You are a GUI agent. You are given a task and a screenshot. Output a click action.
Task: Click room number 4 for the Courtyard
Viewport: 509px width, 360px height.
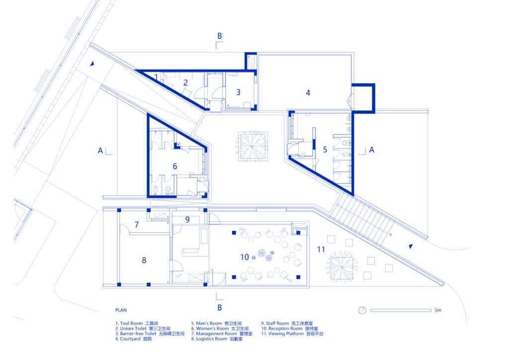pos(308,93)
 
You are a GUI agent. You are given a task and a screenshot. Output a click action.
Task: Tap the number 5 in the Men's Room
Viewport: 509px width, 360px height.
pos(325,149)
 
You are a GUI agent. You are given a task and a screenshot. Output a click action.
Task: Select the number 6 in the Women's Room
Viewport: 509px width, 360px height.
pos(175,166)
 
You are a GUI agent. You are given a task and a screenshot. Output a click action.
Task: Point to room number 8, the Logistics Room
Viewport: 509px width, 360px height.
pos(144,260)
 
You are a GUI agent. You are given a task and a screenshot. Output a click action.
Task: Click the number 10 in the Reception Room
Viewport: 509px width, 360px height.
pos(245,257)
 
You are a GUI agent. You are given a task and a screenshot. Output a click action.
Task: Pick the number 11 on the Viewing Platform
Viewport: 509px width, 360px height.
pos(321,249)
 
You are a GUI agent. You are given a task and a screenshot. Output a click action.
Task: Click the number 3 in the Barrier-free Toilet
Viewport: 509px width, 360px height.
pos(238,92)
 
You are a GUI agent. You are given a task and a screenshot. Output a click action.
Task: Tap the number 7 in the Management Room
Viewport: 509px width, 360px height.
pos(137,224)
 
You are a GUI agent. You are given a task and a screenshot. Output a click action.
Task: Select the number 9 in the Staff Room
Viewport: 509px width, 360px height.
pos(187,219)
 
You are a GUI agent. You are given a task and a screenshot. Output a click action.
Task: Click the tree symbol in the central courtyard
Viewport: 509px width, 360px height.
pos(252,146)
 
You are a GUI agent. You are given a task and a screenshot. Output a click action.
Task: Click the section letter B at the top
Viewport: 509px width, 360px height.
pos(220,36)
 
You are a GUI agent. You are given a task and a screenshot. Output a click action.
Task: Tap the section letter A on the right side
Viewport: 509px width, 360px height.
pos(372,150)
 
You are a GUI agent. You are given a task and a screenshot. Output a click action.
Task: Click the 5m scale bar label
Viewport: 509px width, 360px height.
pos(438,310)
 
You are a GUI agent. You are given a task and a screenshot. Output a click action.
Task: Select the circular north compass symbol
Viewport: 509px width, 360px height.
pos(362,310)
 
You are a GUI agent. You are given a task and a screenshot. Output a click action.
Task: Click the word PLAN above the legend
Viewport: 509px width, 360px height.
pos(121,310)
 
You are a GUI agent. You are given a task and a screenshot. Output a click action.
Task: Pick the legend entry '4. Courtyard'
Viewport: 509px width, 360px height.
pos(133,339)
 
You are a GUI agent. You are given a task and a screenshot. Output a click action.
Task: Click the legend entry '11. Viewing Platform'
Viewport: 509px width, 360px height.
pos(292,333)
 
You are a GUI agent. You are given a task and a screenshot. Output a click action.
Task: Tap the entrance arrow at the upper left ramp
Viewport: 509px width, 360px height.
pos(92,64)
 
